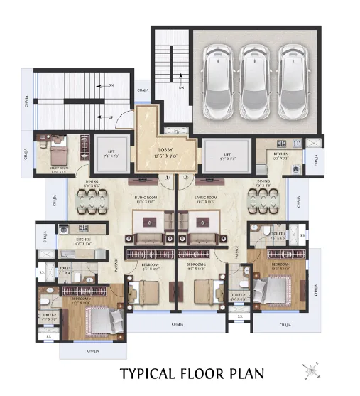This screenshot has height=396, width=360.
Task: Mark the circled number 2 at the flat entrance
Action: coord(185,178)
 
